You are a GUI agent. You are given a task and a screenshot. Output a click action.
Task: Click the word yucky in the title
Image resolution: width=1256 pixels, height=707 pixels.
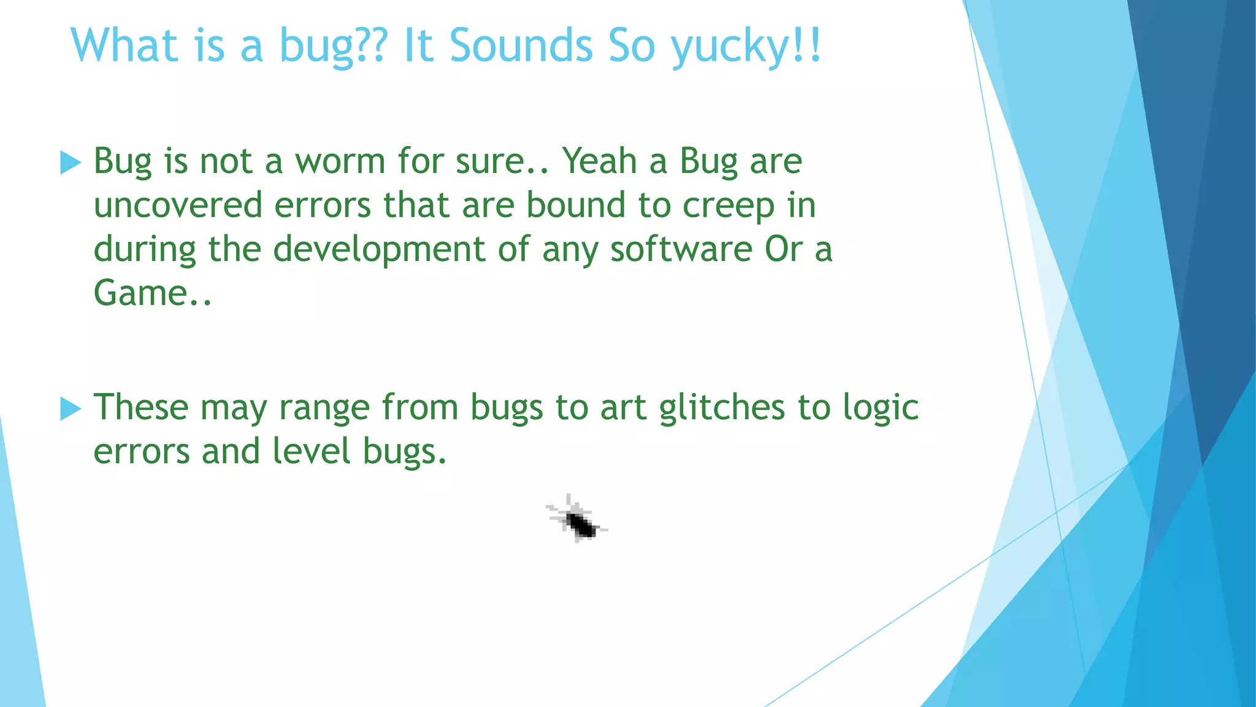pyautogui.click(x=730, y=47)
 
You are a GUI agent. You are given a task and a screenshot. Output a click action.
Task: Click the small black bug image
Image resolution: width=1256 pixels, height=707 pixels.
pyautogui.click(x=577, y=519)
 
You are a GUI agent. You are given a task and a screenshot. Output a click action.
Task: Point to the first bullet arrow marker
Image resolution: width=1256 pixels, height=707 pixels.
pyautogui.click(x=71, y=163)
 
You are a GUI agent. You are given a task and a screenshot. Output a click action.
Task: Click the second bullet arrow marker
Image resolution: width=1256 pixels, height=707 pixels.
pyautogui.click(x=71, y=409)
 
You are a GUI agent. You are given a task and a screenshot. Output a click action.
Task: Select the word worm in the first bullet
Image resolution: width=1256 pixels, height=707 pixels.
pyautogui.click(x=340, y=161)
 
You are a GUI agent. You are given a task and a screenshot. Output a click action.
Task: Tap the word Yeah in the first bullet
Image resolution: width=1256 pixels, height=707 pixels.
pyautogui.click(x=600, y=161)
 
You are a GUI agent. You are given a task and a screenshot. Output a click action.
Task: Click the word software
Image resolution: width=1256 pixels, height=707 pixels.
pyautogui.click(x=681, y=249)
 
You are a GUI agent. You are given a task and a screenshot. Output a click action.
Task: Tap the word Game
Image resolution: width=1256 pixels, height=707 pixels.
pyautogui.click(x=141, y=293)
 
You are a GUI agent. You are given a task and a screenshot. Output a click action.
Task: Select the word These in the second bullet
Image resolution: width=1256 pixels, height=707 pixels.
pyautogui.click(x=140, y=408)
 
